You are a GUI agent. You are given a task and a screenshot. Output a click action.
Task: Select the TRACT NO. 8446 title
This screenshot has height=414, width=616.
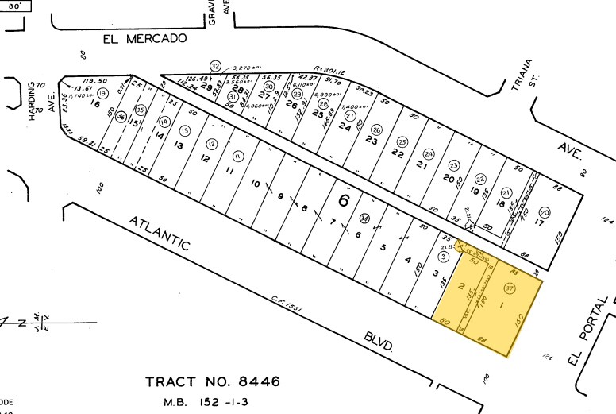click(213, 381)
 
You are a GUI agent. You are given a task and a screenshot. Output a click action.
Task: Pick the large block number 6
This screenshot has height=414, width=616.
click(343, 199)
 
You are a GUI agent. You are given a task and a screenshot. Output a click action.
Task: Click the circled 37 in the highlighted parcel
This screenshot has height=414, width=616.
click(509, 288)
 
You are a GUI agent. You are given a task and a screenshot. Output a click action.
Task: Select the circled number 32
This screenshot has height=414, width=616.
click(215, 65)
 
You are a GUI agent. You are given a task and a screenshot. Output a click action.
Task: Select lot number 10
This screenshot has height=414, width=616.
click(256, 184)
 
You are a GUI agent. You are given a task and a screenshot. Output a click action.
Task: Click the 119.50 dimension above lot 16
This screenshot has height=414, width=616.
click(94, 81)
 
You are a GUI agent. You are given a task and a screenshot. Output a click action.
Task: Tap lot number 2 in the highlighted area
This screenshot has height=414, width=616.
click(460, 287)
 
